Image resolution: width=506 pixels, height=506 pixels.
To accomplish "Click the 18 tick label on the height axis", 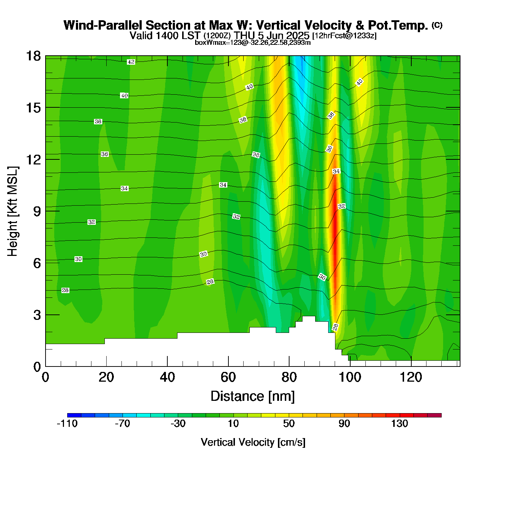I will pos(33,56).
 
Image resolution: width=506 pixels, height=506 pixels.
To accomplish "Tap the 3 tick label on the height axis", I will pos(37,315).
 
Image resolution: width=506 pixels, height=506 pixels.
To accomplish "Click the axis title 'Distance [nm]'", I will pos(253,396).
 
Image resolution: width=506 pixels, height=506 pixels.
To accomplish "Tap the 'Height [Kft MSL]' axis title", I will pos(13,211).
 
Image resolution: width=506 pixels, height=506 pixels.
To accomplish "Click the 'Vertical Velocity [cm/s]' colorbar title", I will pos(253,442).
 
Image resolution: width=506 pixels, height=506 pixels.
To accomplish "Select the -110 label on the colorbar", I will pos(67,424).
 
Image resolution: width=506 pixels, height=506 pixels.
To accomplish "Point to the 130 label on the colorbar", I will pos(399,424).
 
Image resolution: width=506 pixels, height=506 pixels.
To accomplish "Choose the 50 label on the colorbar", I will pos(289,424).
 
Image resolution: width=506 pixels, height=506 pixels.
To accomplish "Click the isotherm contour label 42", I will pos(131,62).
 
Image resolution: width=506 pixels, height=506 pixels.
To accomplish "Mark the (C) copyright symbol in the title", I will pos(437,25).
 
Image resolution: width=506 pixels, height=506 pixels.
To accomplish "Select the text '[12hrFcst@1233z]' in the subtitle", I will pos(344,36).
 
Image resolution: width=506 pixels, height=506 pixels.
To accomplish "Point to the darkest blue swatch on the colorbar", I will pos(74,415).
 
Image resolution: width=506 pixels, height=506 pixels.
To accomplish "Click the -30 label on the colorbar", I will pos(178,424).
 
